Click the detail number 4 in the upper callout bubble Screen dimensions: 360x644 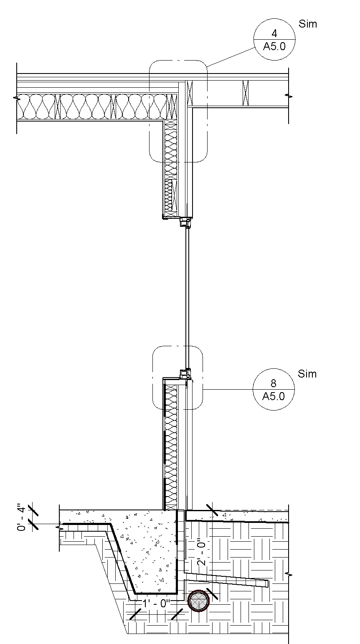pyautogui.click(x=274, y=33)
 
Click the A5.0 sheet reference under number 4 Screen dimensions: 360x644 pyautogui.click(x=274, y=46)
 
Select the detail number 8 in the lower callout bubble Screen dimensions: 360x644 pyautogui.click(x=274, y=383)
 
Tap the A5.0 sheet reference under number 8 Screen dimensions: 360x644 pyautogui.click(x=274, y=396)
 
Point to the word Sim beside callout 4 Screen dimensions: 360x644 pyautogui.click(x=308, y=24)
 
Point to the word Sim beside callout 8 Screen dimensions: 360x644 pyautogui.click(x=307, y=374)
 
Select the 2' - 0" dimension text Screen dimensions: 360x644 pyautogui.click(x=202, y=554)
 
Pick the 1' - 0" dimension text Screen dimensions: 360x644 pyautogui.click(x=155, y=603)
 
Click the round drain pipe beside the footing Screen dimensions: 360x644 pyautogui.click(x=198, y=601)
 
